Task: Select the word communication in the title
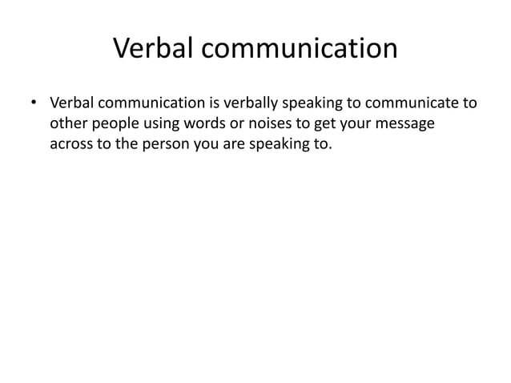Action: click(298, 50)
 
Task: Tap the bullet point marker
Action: click(34, 104)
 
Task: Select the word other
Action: click(67, 125)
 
